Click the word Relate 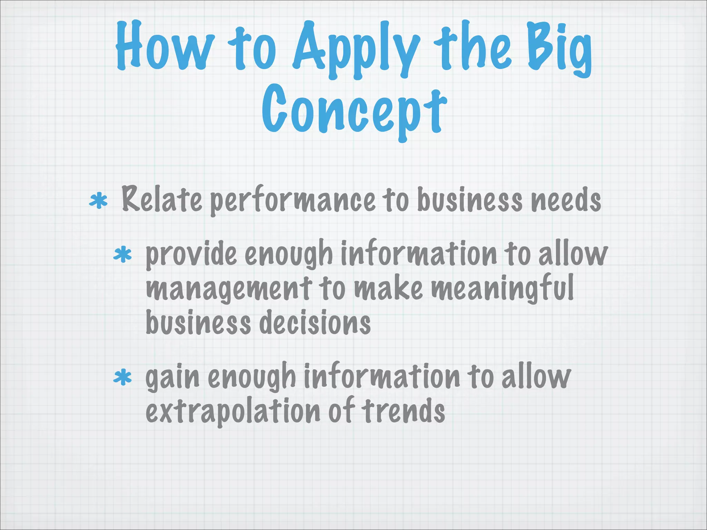[x=162, y=199]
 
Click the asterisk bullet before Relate [x=98, y=201]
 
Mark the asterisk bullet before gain [x=123, y=377]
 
